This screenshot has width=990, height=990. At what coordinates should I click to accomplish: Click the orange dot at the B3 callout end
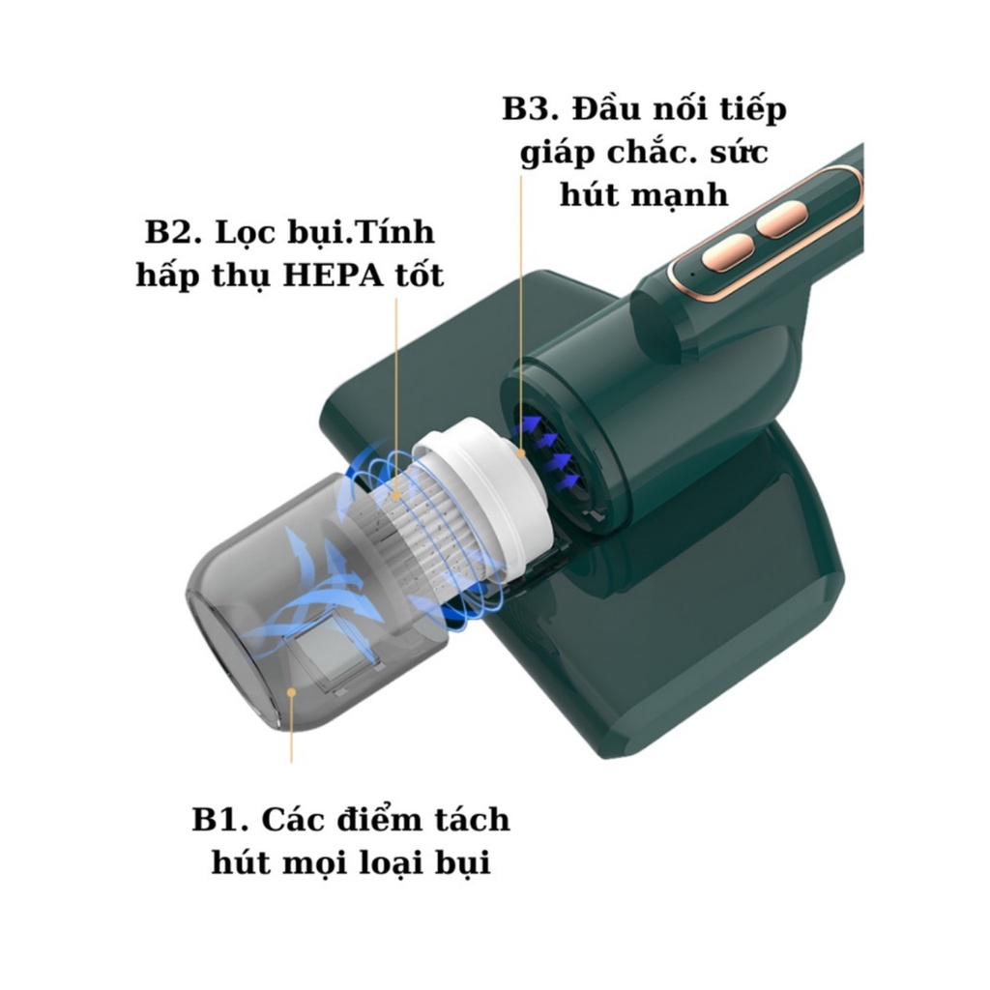coord(521,452)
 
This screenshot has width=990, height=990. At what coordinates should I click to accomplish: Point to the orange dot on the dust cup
coord(291,692)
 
